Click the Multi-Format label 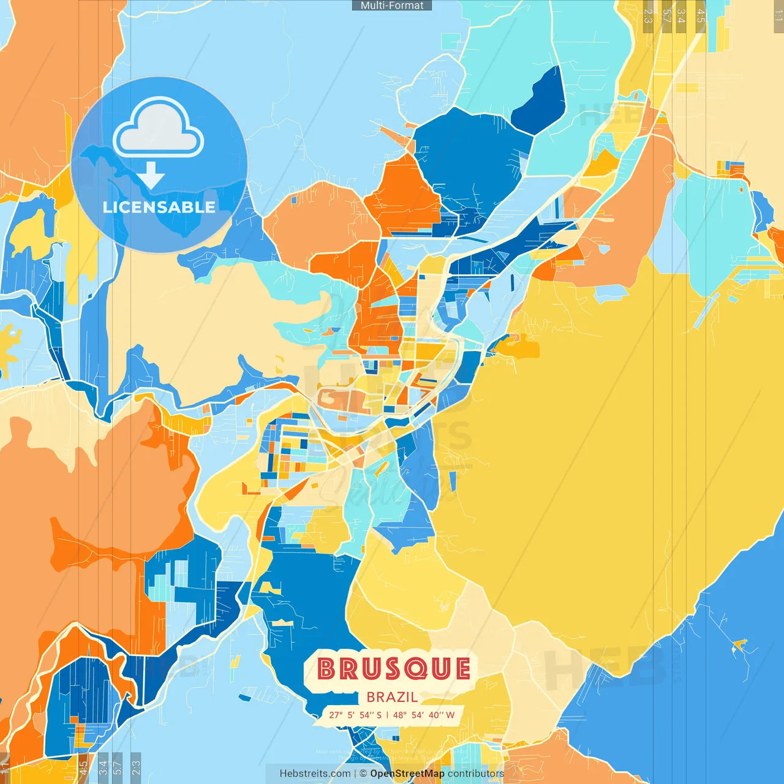(x=392, y=6)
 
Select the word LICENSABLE (x=159, y=207)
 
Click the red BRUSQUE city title (x=394, y=669)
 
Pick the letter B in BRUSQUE (x=327, y=669)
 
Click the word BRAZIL (x=392, y=697)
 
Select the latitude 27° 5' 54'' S (x=355, y=715)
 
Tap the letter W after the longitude (x=450, y=715)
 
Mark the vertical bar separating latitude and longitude (x=387, y=715)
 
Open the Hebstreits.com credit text (x=315, y=774)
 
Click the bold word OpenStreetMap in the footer (x=407, y=774)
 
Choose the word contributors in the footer (x=476, y=774)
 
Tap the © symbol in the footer (x=363, y=774)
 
